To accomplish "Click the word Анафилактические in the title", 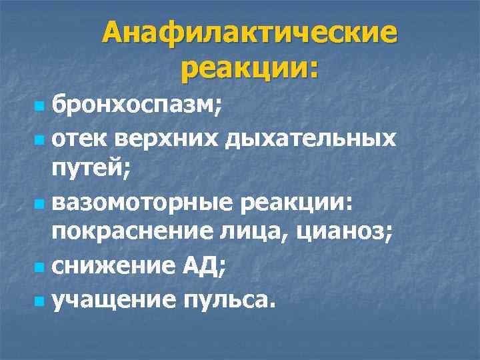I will point(249,34).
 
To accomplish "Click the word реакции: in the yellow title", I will point(249,69).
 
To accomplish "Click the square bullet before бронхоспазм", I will point(40,106).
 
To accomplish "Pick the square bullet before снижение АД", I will point(40,269).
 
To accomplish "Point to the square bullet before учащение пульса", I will point(40,301).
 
